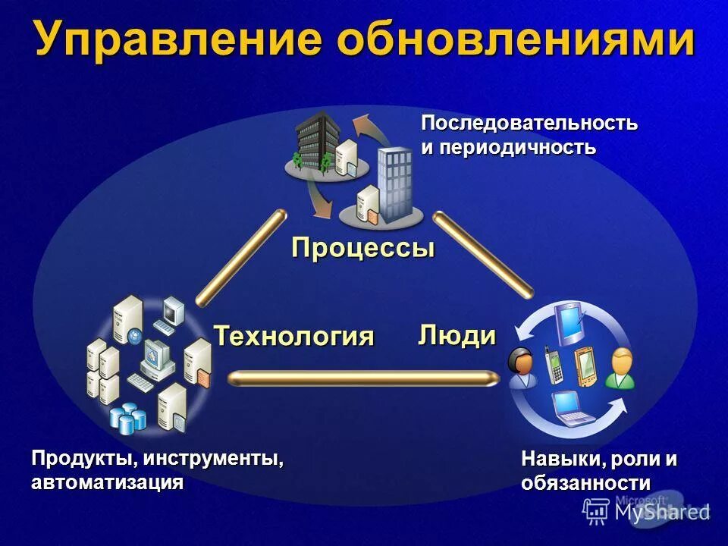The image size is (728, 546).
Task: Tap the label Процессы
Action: (x=363, y=248)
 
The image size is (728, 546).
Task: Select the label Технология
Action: (x=294, y=335)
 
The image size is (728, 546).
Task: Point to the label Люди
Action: (x=457, y=334)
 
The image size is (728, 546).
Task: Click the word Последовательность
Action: (x=529, y=123)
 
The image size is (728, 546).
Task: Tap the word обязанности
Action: (x=585, y=483)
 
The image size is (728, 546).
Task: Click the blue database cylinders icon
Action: (x=127, y=417)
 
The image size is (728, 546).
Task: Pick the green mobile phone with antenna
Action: (x=553, y=365)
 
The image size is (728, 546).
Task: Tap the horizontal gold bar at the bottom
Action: (x=364, y=378)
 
